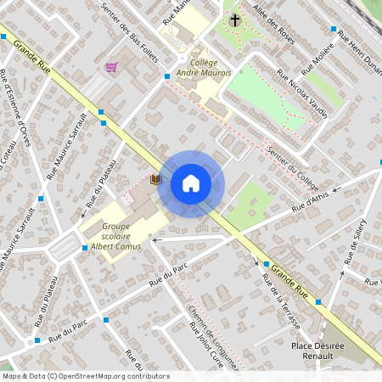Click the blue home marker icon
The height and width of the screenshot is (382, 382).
point(191,183)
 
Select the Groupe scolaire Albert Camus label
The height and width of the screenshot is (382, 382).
point(116,235)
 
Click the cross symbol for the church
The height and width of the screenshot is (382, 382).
point(235,20)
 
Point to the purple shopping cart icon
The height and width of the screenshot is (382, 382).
point(110,67)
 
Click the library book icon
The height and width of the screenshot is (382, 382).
point(154,179)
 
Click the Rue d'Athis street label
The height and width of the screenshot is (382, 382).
point(309,201)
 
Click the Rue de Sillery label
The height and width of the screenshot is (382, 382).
point(355,241)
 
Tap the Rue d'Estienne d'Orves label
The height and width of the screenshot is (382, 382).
point(16,105)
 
